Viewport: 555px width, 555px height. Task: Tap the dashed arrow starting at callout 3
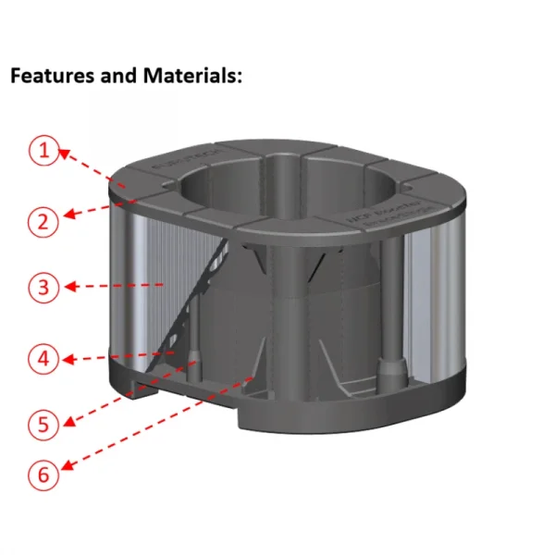115,287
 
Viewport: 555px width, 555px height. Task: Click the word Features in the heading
47,76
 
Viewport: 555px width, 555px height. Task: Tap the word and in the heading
117,76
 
